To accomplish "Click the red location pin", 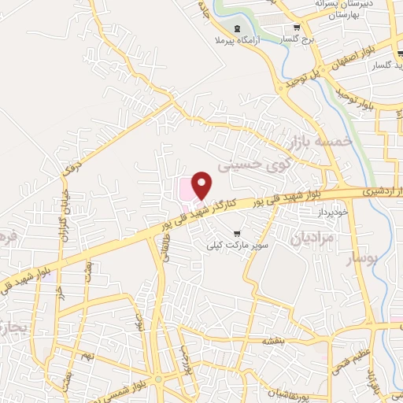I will click(x=202, y=185).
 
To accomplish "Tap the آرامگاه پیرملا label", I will click(x=233, y=41).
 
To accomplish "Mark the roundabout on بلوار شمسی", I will click(x=159, y=381).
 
